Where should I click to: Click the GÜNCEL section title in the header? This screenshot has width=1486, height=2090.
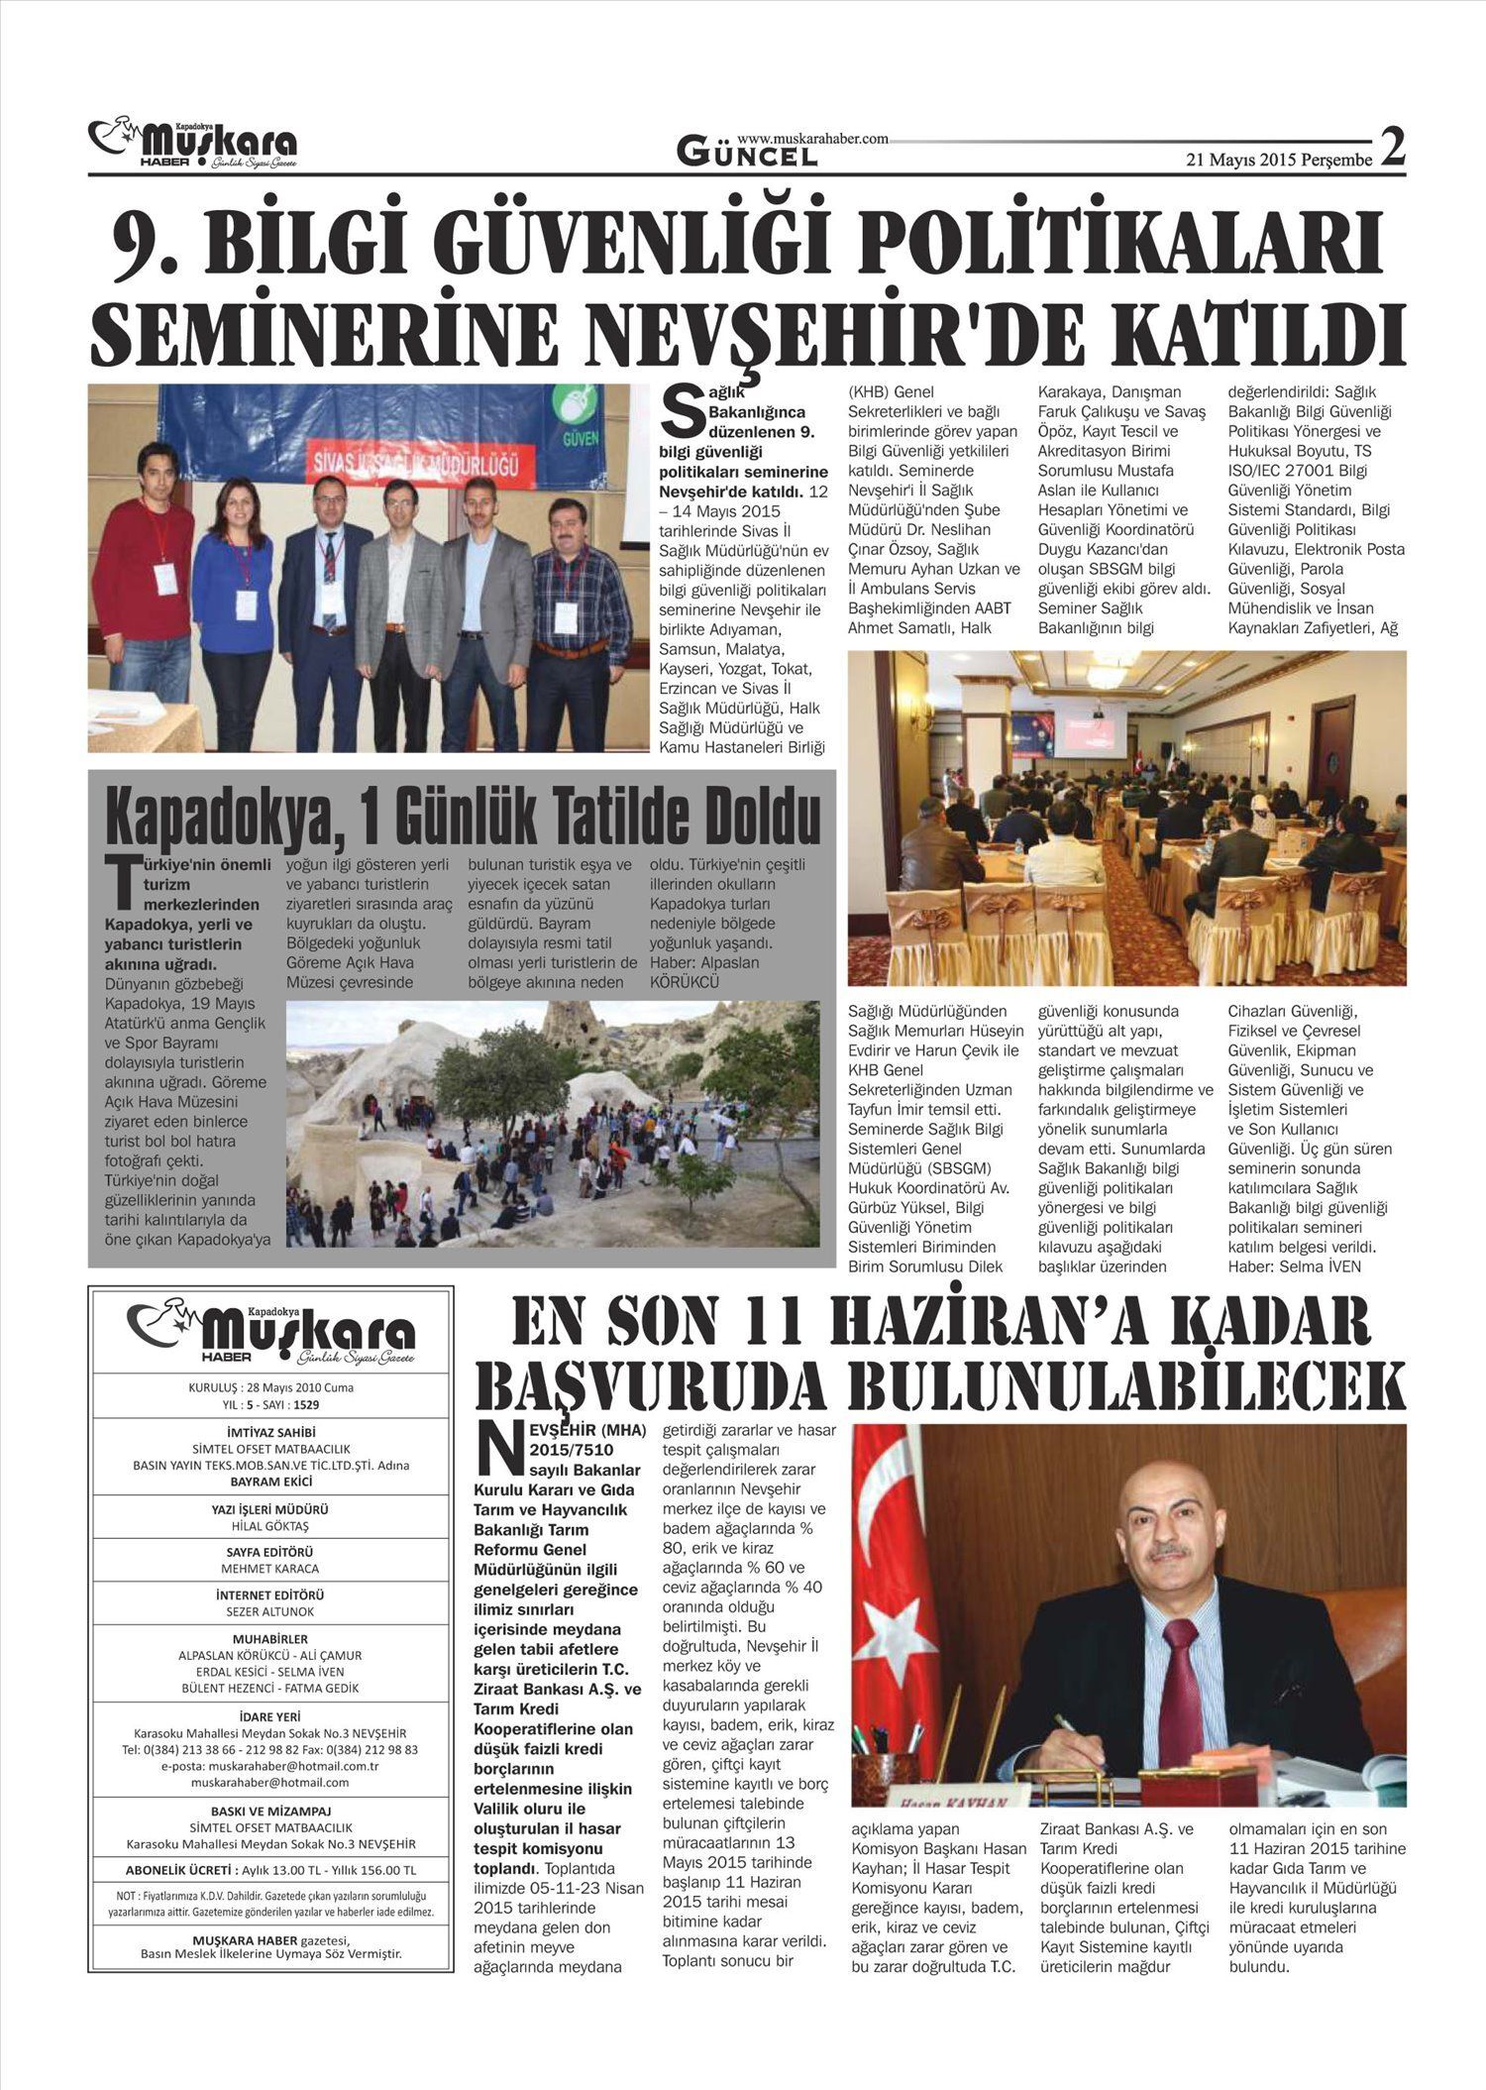click(x=748, y=154)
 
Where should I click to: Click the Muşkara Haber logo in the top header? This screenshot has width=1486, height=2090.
click(x=193, y=145)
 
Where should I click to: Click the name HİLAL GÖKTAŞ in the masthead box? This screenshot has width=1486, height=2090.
click(x=269, y=1526)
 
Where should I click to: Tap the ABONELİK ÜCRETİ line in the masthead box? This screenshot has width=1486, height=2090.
click(x=270, y=1869)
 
